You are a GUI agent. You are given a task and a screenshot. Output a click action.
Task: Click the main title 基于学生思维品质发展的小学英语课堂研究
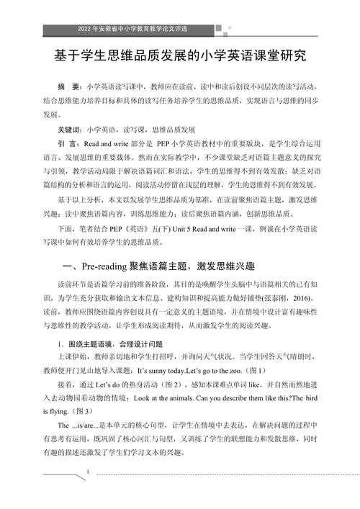click(180, 57)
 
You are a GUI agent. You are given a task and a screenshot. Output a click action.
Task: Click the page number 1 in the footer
click(88, 472)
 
